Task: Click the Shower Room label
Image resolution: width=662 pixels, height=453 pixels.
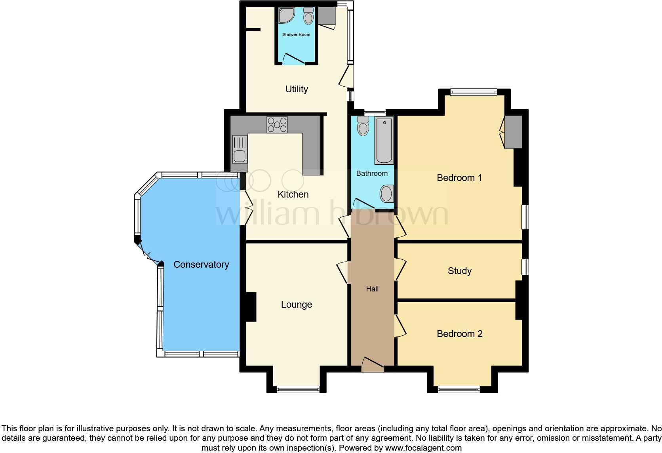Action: pos(296,34)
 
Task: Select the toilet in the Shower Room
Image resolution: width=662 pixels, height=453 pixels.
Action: pos(308,16)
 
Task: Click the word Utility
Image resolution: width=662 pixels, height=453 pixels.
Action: pos(297,89)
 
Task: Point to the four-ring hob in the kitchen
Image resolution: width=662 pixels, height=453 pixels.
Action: pos(277,125)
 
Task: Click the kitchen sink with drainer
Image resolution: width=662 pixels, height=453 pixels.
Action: pos(240,149)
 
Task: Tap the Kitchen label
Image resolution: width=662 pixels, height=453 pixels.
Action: pos(293,194)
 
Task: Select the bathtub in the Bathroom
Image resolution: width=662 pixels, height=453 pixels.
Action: pos(384,141)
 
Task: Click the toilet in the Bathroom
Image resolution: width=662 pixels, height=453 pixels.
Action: pos(363,126)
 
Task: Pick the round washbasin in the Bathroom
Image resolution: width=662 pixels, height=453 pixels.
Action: pos(386,194)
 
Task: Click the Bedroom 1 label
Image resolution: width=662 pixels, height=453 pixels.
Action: pos(459,178)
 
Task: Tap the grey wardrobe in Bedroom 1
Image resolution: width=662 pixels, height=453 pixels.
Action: pos(513,132)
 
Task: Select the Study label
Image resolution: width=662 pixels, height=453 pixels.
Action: pos(459,271)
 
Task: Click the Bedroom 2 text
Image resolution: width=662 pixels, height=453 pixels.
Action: pos(459,334)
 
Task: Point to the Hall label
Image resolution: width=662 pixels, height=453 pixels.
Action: pos(372,289)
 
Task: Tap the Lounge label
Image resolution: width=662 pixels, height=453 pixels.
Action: pos(297,305)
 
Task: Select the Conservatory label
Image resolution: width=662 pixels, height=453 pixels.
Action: pos(201,265)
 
